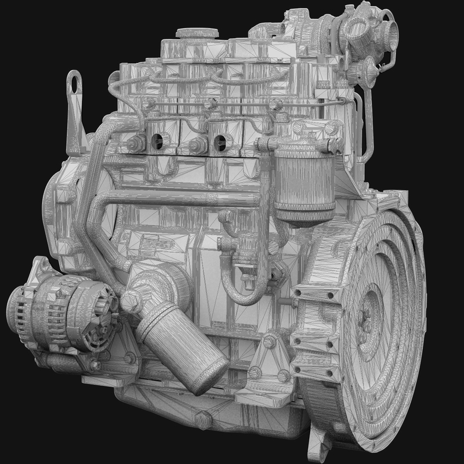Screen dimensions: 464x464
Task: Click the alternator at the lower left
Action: (x=58, y=313)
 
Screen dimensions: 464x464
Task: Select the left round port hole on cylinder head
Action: (x=155, y=140)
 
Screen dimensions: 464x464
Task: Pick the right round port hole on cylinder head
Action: (x=220, y=140)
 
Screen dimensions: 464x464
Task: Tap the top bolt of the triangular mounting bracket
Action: (x=270, y=341)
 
